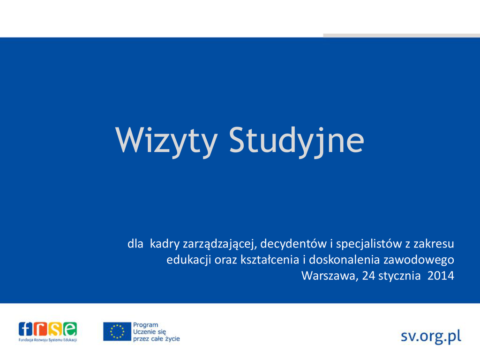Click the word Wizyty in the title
click(166, 141)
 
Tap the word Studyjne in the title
click(297, 141)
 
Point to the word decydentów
click(293, 244)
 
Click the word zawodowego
click(419, 260)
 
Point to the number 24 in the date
click(368, 276)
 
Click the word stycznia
click(399, 276)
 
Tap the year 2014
click(441, 276)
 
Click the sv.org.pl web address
click(431, 337)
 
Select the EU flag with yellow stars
click(117, 331)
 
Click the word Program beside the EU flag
click(145, 325)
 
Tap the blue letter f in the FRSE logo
click(25, 329)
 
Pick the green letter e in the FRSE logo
click(70, 329)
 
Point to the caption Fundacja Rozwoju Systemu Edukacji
click(48, 340)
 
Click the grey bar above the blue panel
click(402, 36)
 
